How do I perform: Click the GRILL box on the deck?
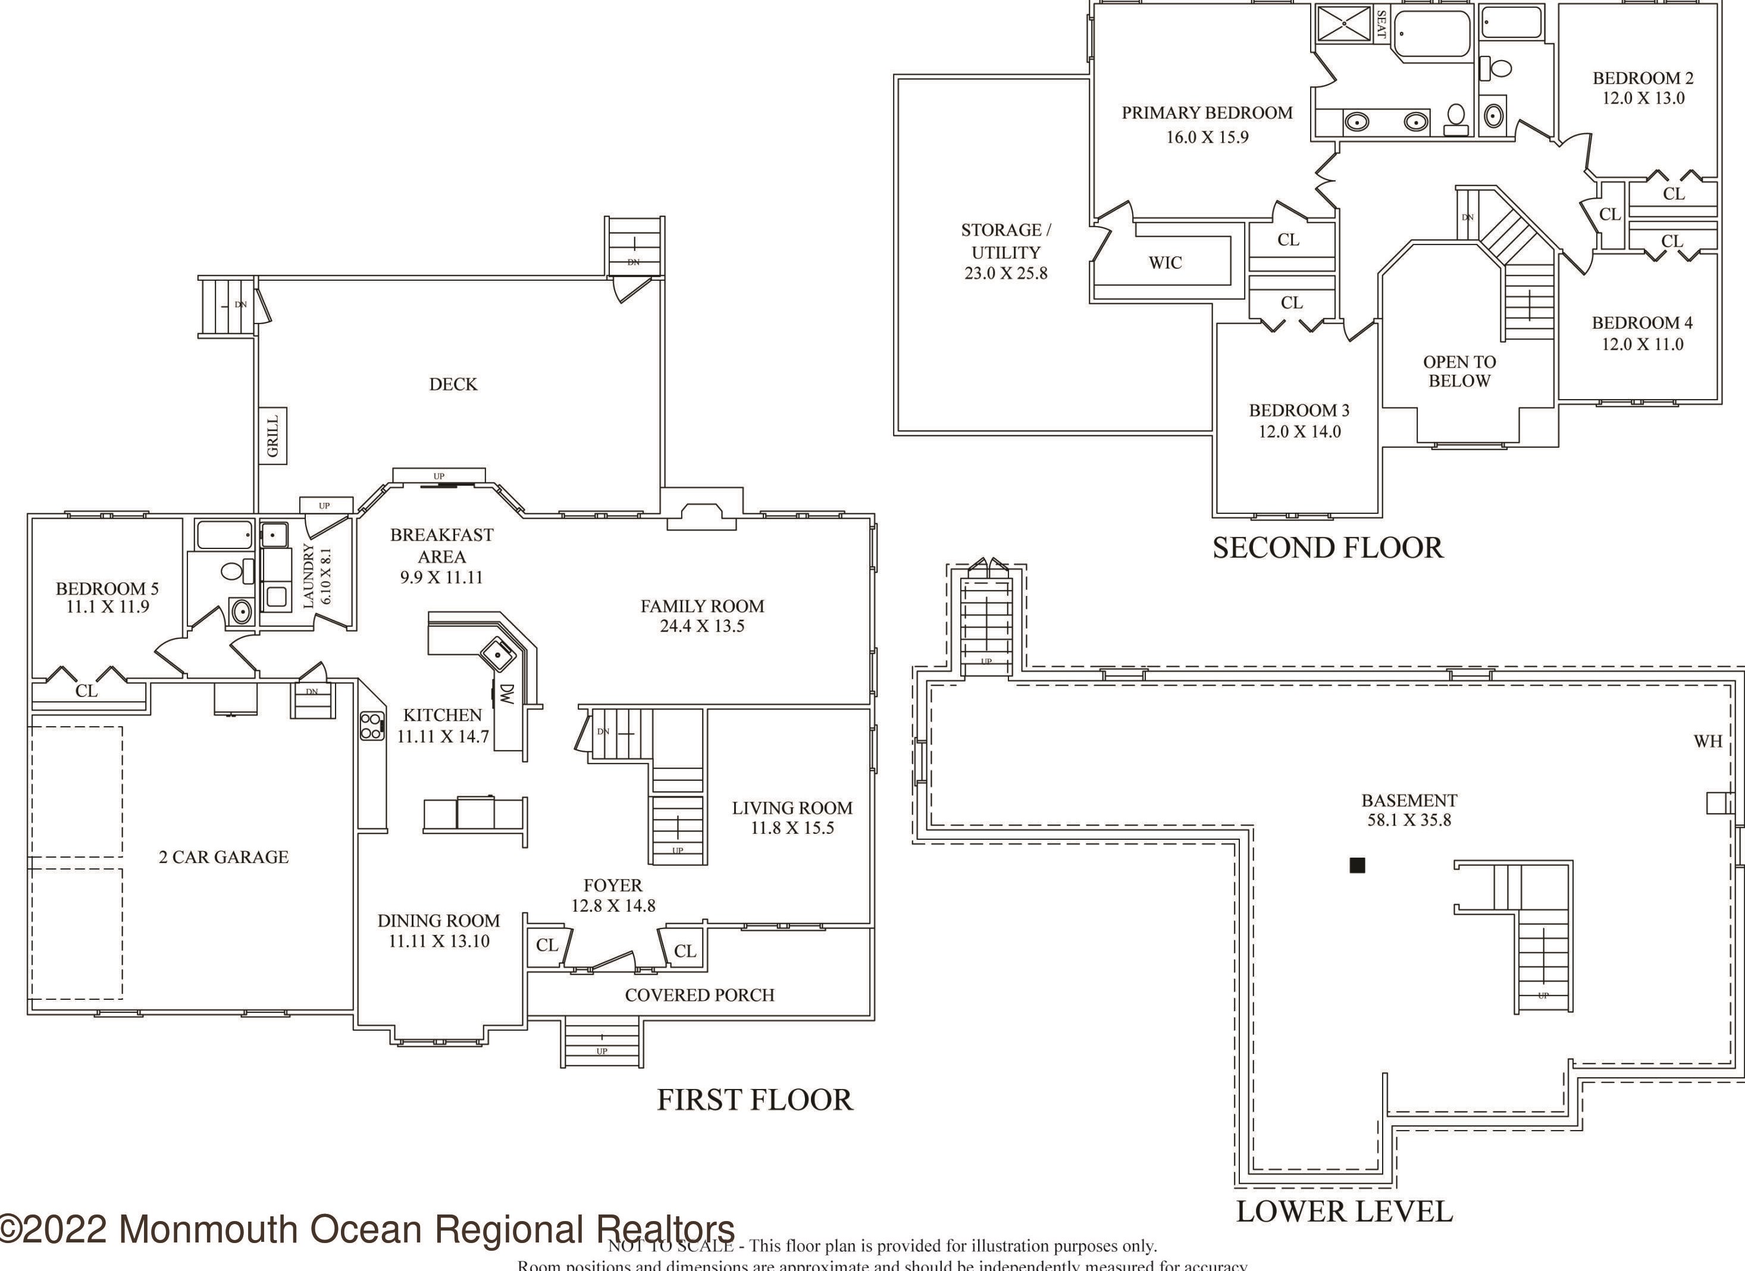coord(272,435)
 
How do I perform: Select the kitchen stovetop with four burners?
coord(372,726)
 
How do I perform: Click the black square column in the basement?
coord(1357,865)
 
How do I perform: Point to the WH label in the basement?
coord(1708,742)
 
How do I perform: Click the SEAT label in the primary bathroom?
coord(1381,24)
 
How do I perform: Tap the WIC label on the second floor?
coord(1165,263)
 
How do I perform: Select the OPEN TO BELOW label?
coord(1459,372)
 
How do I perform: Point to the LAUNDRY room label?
coord(309,576)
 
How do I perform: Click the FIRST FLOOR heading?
coord(755,1100)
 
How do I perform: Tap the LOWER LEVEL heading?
coord(1344,1212)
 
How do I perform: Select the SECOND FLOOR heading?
coord(1327,548)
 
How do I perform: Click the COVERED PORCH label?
coord(700,996)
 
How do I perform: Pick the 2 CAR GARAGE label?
coord(224,857)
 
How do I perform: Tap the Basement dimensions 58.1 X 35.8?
coord(1409,820)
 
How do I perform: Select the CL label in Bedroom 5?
coord(86,691)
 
